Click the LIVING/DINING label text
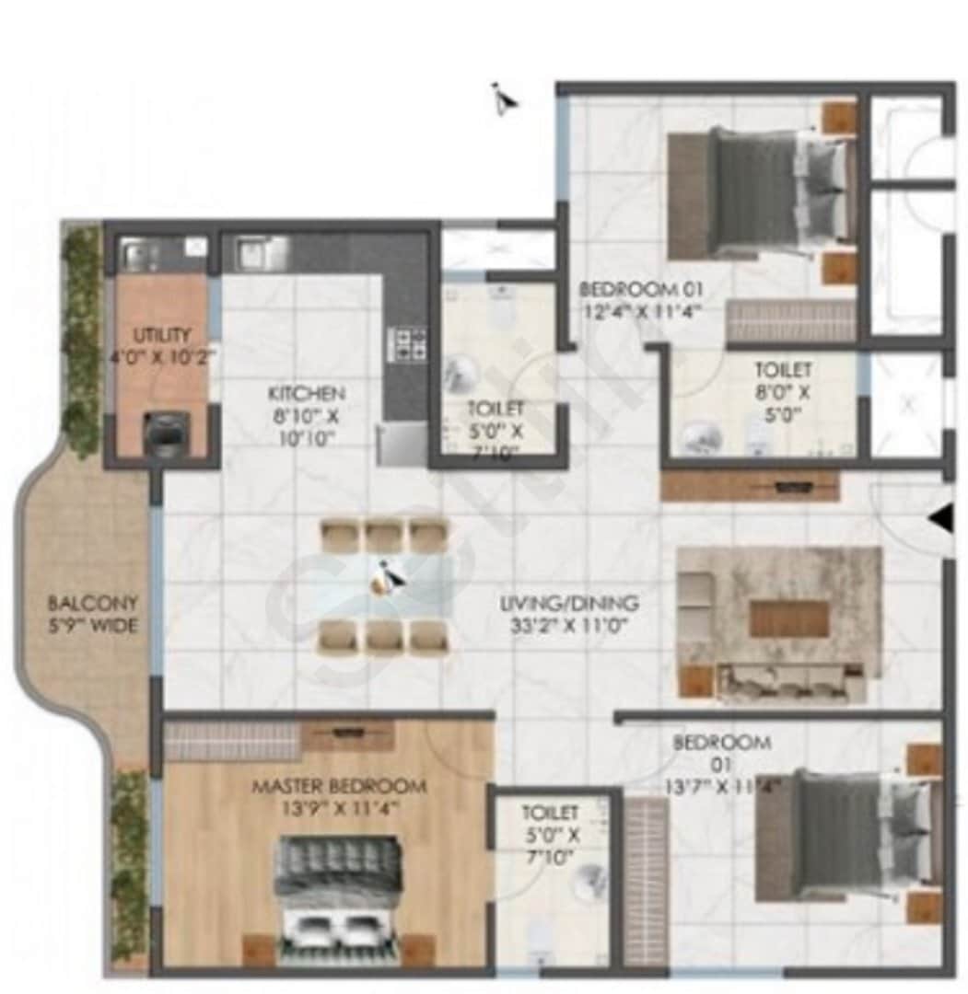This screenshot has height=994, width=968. tap(568, 605)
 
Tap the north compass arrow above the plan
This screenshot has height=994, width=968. tap(503, 98)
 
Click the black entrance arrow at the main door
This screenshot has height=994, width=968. tap(939, 520)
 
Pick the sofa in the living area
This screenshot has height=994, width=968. tap(790, 682)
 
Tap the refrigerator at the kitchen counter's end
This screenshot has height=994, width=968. tap(402, 445)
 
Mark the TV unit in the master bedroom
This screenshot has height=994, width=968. tap(347, 734)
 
